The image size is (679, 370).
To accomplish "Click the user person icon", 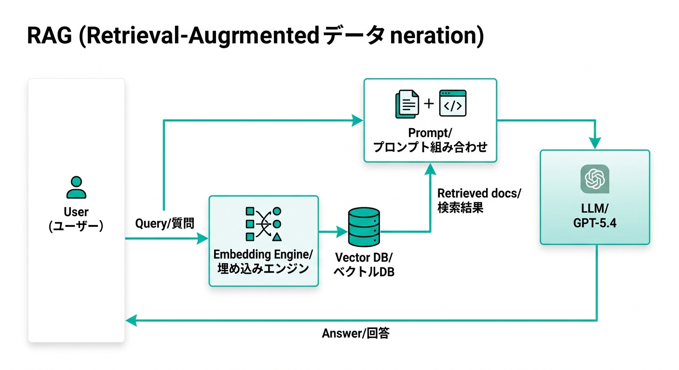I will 76,187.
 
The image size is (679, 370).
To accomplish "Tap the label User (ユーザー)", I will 76,219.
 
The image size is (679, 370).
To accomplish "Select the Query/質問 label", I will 164,224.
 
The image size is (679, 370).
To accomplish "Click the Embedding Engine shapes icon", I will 263,224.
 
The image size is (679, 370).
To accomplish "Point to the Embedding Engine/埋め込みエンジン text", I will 263,261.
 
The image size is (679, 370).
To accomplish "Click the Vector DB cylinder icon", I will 364,228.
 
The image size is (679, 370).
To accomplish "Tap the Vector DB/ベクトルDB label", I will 364,264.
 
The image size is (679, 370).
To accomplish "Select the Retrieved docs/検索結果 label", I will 479,200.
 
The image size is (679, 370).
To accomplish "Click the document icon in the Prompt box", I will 407,105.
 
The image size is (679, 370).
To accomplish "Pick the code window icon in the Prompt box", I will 452,103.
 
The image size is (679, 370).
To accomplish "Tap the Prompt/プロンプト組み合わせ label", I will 430,140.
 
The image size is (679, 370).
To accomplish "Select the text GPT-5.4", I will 595,223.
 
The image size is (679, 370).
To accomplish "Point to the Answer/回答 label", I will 355,333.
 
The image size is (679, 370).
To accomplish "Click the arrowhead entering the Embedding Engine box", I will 203,238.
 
